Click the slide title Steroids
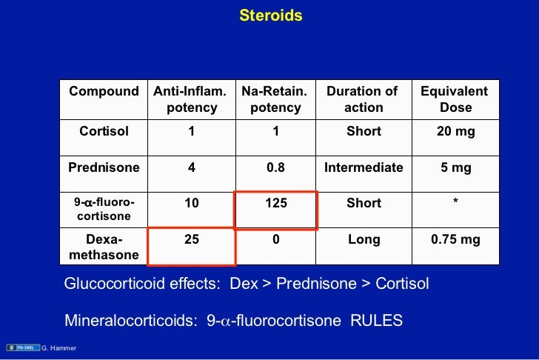270,16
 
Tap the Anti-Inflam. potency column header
191,99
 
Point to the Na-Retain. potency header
275,99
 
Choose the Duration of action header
363,99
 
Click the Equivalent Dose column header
455,99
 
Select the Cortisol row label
104,132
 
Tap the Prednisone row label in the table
104,167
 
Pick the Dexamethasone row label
104,247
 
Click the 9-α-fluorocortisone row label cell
104,209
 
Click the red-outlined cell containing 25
191,245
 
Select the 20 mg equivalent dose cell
455,132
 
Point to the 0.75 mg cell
455,239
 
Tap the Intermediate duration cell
363,167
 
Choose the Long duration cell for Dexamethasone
363,239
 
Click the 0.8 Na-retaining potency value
275,167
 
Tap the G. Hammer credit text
60,348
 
